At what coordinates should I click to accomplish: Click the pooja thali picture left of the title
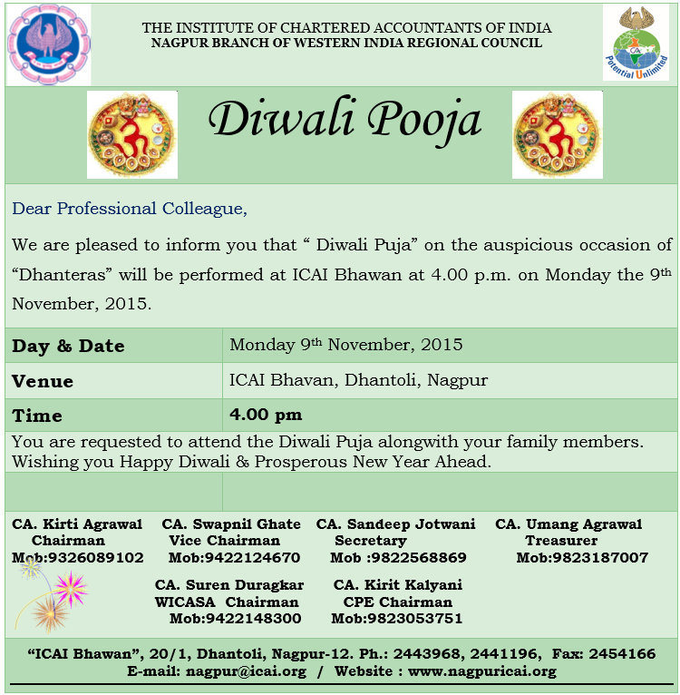pos(132,134)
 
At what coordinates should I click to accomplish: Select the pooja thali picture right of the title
pos(557,134)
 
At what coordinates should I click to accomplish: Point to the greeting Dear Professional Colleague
pos(130,209)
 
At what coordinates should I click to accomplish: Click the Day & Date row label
pos(68,346)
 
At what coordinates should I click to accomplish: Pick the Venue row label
pos(43,381)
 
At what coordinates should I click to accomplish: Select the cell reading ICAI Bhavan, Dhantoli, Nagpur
pos(359,379)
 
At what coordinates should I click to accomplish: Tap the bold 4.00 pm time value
pos(266,415)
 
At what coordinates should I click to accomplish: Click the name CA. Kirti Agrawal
pos(77,524)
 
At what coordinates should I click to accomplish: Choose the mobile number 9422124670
pos(234,557)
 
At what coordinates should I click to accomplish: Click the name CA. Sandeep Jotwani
pos(396,524)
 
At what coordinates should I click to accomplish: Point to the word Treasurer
pos(561,541)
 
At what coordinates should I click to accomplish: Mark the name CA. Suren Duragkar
pos(229,585)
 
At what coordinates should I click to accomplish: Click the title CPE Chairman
pos(397,602)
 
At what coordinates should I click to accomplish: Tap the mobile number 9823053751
pos(397,619)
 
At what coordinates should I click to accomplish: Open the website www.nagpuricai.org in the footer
pos(481,672)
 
